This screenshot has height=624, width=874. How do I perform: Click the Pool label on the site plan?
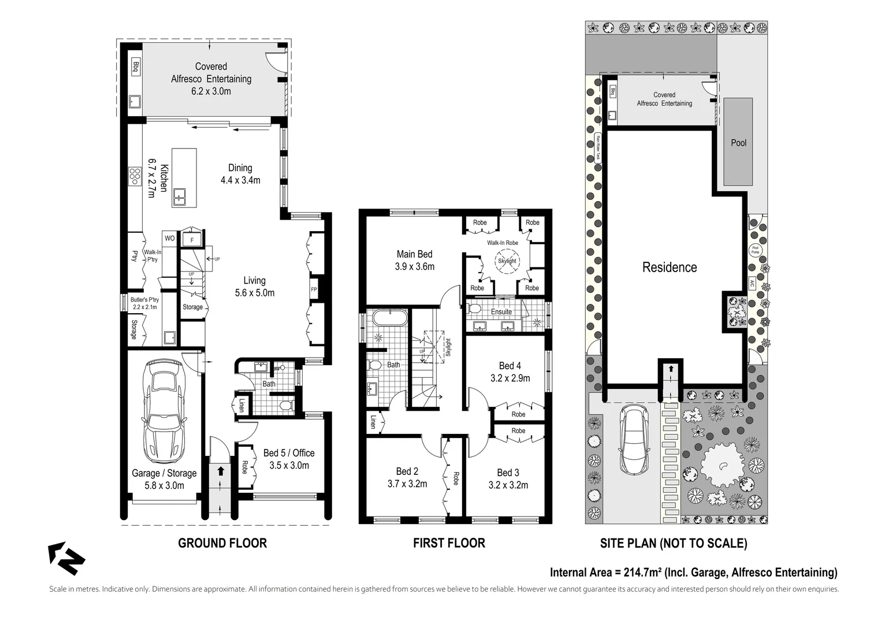pos(738,143)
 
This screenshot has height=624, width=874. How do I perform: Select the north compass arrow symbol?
pos(65,558)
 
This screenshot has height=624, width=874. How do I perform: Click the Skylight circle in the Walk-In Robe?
pos(507,261)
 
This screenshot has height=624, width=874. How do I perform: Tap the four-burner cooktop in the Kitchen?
pos(135,176)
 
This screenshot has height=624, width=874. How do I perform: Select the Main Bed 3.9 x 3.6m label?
pos(414,260)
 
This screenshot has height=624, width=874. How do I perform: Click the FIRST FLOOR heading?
pos(449,543)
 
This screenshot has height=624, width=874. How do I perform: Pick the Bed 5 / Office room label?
pos(289,459)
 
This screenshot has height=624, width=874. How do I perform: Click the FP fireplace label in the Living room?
pos(314,289)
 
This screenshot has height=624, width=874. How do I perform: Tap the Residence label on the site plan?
pos(670,267)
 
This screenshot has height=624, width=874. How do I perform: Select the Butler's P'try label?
pos(144,303)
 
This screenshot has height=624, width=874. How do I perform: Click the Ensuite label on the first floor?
pos(501,311)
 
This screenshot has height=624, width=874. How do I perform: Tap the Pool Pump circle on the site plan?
pos(755,250)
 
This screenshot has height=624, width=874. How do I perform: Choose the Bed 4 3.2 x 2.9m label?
pos(510,372)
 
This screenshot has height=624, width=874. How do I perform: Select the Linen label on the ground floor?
pos(241,406)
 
